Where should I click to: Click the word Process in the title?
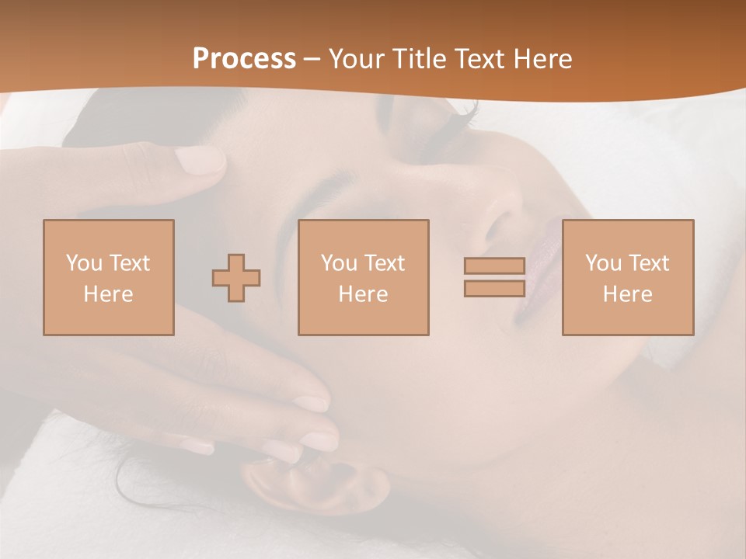(244, 59)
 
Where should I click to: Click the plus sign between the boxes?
(236, 278)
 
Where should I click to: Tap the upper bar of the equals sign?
(494, 266)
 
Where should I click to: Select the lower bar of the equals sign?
(494, 289)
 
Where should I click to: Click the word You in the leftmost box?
(83, 263)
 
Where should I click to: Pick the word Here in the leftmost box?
(108, 294)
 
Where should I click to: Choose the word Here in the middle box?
(363, 294)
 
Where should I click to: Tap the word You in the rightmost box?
(603, 263)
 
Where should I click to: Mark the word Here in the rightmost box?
(627, 294)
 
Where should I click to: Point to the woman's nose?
(497, 217)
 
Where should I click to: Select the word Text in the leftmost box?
(129, 263)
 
